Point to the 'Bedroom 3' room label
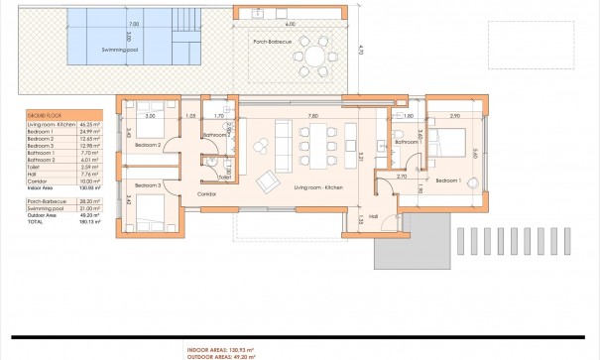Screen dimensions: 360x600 [146, 185]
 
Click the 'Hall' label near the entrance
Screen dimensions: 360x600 [374, 215]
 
